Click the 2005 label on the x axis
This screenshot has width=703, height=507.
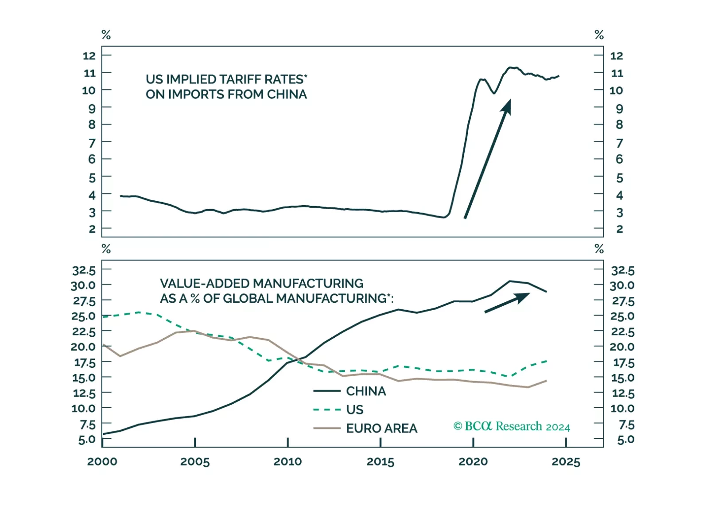(194, 462)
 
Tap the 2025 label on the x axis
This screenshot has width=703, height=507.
(566, 462)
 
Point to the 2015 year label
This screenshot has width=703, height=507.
(380, 462)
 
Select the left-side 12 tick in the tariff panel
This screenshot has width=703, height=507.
(89, 55)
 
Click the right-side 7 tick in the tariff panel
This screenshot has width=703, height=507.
(619, 143)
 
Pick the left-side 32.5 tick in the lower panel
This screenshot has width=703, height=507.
(84, 270)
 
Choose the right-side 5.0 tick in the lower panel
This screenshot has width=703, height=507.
(625, 440)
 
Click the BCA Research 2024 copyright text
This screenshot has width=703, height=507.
(512, 426)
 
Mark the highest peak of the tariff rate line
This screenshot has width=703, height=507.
(511, 67)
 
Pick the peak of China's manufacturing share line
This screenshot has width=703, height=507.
(510, 281)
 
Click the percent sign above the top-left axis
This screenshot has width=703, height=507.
(106, 35)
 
